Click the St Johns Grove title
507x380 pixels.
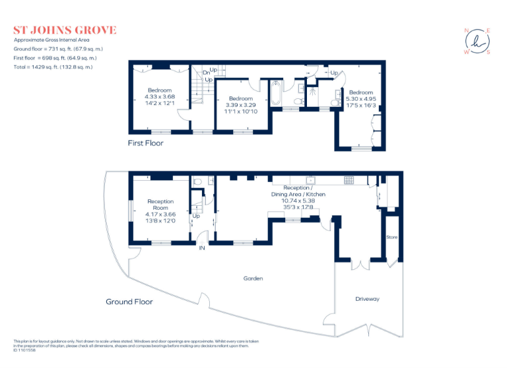(65, 30)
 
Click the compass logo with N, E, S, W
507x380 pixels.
(477, 42)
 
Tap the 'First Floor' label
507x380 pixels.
(145, 142)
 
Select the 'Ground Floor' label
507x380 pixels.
(129, 301)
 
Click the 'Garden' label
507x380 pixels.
(253, 278)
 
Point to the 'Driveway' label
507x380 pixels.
(368, 299)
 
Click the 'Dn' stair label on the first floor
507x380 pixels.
(207, 71)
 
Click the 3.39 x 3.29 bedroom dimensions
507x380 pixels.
(240, 104)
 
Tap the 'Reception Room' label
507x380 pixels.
(160, 205)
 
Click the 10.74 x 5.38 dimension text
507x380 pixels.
(298, 201)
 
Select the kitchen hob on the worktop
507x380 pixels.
(349, 179)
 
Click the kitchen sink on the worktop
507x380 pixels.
(310, 179)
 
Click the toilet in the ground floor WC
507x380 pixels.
(198, 182)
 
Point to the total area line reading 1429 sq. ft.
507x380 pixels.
(53, 67)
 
